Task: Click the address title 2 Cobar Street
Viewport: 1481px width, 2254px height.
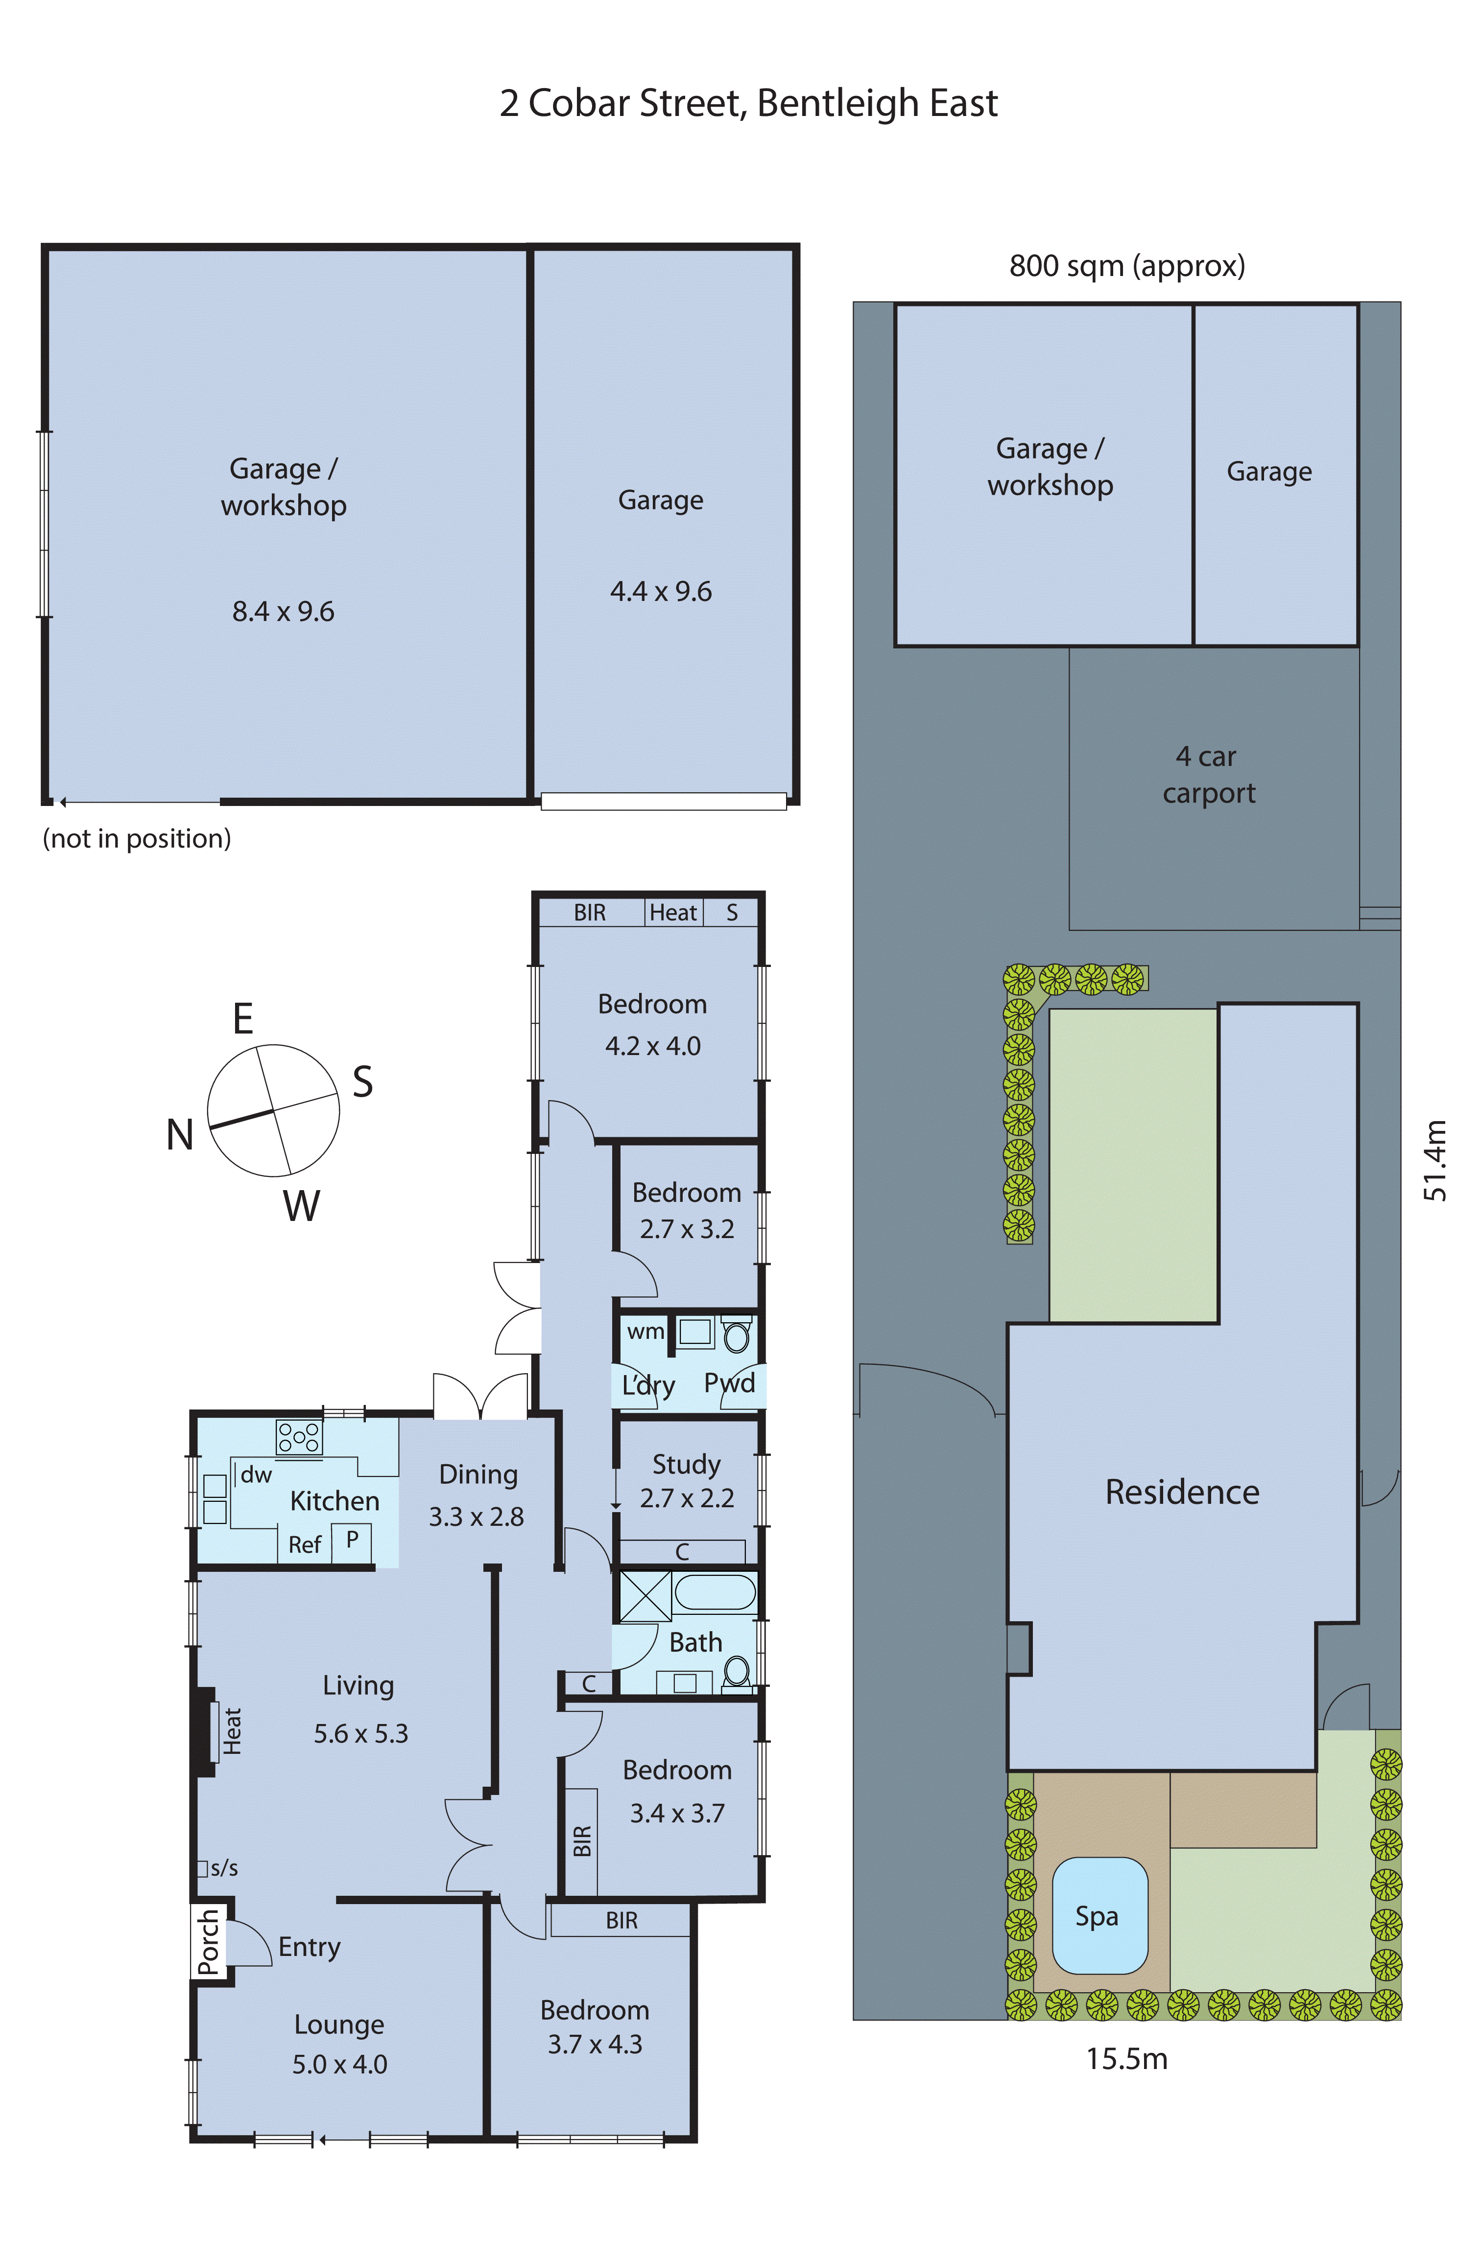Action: (748, 103)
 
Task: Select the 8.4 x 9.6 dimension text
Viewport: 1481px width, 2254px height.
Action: (283, 612)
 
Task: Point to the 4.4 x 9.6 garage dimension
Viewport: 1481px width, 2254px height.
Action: (661, 592)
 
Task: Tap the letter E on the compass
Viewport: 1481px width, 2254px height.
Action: (242, 1019)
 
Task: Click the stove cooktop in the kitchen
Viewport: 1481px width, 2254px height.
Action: (298, 1437)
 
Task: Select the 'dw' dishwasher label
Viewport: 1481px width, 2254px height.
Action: (256, 1474)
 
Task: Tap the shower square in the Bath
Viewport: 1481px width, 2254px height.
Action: (645, 1596)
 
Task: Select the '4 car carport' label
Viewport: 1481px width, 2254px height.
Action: (1208, 775)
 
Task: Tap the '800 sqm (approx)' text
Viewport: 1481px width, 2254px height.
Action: (1126, 266)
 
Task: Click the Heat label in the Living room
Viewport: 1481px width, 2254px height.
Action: (232, 1731)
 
